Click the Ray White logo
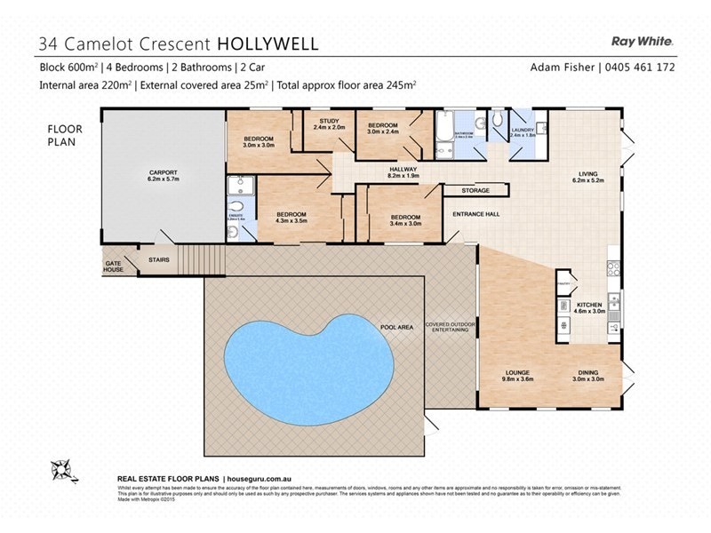pyautogui.click(x=643, y=40)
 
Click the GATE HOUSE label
pyautogui.click(x=113, y=266)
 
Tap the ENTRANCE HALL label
pyautogui.click(x=475, y=215)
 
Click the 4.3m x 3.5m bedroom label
pyautogui.click(x=291, y=219)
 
